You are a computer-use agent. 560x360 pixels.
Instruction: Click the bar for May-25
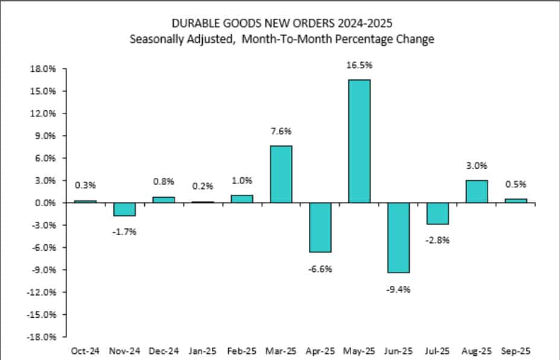359,141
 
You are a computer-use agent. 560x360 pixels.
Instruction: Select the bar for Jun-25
398,238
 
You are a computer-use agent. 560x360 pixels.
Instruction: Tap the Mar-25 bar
281,174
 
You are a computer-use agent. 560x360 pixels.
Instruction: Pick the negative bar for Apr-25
320,227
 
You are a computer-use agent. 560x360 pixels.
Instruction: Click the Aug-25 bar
477,192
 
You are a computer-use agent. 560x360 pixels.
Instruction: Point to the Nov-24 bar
124,209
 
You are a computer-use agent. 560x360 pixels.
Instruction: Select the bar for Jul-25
437,213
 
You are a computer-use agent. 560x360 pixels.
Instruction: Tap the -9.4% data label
398,289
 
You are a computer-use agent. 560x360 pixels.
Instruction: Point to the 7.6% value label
281,132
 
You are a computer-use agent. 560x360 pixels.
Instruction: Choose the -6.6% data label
320,268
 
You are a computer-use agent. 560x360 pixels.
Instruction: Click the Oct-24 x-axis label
85,350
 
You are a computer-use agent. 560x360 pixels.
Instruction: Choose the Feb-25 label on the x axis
241,350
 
